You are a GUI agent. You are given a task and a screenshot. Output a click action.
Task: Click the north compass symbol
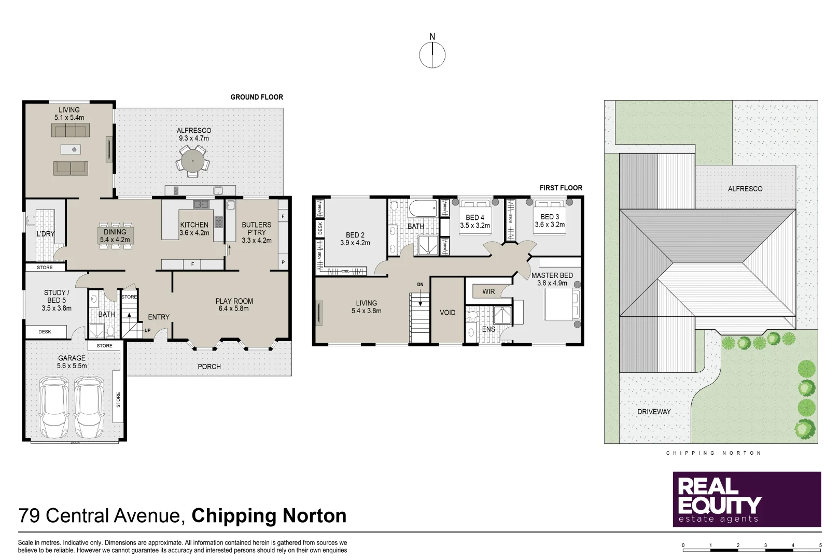click(x=432, y=55)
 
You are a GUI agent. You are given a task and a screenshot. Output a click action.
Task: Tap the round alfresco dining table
click(x=192, y=161)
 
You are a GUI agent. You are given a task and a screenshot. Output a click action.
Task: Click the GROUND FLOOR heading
click(x=257, y=97)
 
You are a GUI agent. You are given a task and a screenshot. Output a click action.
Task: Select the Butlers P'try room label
click(x=256, y=229)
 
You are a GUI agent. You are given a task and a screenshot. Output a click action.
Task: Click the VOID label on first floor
click(x=447, y=313)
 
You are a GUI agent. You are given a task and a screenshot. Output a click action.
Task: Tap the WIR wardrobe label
click(x=488, y=291)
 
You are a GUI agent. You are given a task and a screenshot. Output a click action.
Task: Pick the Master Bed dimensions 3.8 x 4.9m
click(x=552, y=283)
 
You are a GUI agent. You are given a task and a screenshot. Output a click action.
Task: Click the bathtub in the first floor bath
click(x=423, y=209)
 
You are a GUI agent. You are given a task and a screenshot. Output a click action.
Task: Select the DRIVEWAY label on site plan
click(x=654, y=412)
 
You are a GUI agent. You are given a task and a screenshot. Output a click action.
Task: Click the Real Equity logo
click(x=747, y=499)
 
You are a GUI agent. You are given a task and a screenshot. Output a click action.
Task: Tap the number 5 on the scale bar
click(x=820, y=545)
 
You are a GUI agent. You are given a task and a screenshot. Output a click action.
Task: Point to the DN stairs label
click(x=420, y=285)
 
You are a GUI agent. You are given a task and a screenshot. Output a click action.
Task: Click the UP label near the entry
click(x=147, y=330)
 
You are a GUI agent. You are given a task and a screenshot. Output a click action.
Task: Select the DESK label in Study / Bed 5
click(x=45, y=332)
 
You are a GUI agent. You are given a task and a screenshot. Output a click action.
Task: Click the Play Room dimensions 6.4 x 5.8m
click(x=234, y=309)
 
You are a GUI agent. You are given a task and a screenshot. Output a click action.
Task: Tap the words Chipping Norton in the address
click(x=269, y=516)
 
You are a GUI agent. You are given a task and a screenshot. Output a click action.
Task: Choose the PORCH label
click(x=209, y=367)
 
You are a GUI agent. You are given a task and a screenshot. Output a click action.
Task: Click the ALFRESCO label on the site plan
click(x=745, y=189)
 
